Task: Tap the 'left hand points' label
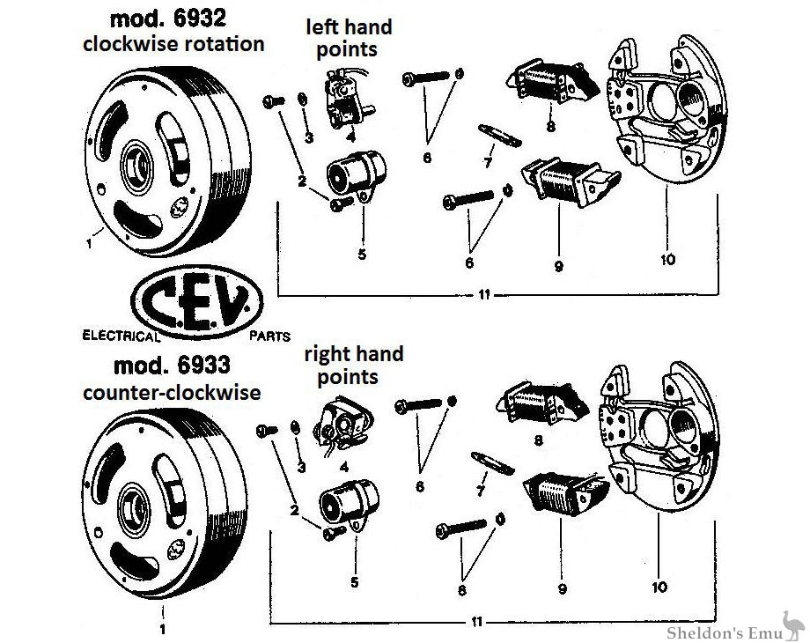[349, 38]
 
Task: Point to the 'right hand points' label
[353, 365]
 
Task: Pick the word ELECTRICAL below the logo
[121, 336]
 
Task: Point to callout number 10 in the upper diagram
[667, 260]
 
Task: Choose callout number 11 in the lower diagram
[477, 622]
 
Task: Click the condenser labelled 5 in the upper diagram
[350, 173]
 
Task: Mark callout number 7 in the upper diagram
[488, 162]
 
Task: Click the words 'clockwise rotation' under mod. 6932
[173, 44]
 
